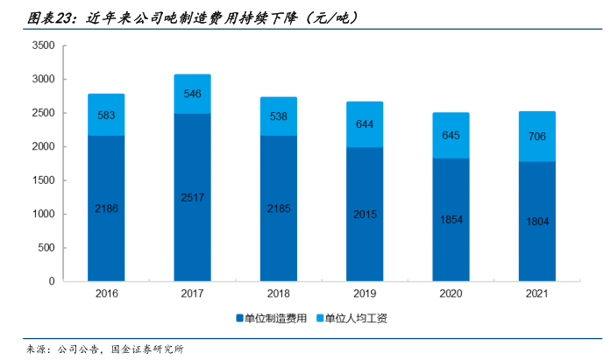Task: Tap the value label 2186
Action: (x=106, y=208)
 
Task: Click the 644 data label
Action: (x=365, y=124)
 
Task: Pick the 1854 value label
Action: (x=451, y=220)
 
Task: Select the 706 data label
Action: (x=536, y=136)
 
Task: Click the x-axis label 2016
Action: (x=106, y=295)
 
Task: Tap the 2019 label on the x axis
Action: (x=365, y=295)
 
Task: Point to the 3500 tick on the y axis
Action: (x=44, y=46)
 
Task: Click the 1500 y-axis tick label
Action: (x=44, y=180)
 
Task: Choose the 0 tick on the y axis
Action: (x=53, y=281)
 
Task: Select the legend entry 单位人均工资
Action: (x=356, y=319)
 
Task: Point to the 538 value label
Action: (x=279, y=116)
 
